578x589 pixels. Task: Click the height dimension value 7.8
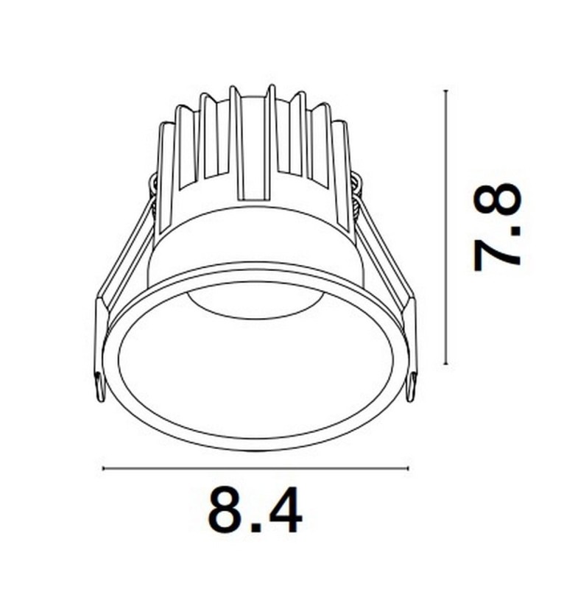click(498, 228)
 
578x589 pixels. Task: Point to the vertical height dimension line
click(446, 228)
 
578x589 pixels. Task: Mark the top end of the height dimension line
click(446, 91)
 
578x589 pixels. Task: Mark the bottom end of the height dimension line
click(446, 364)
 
